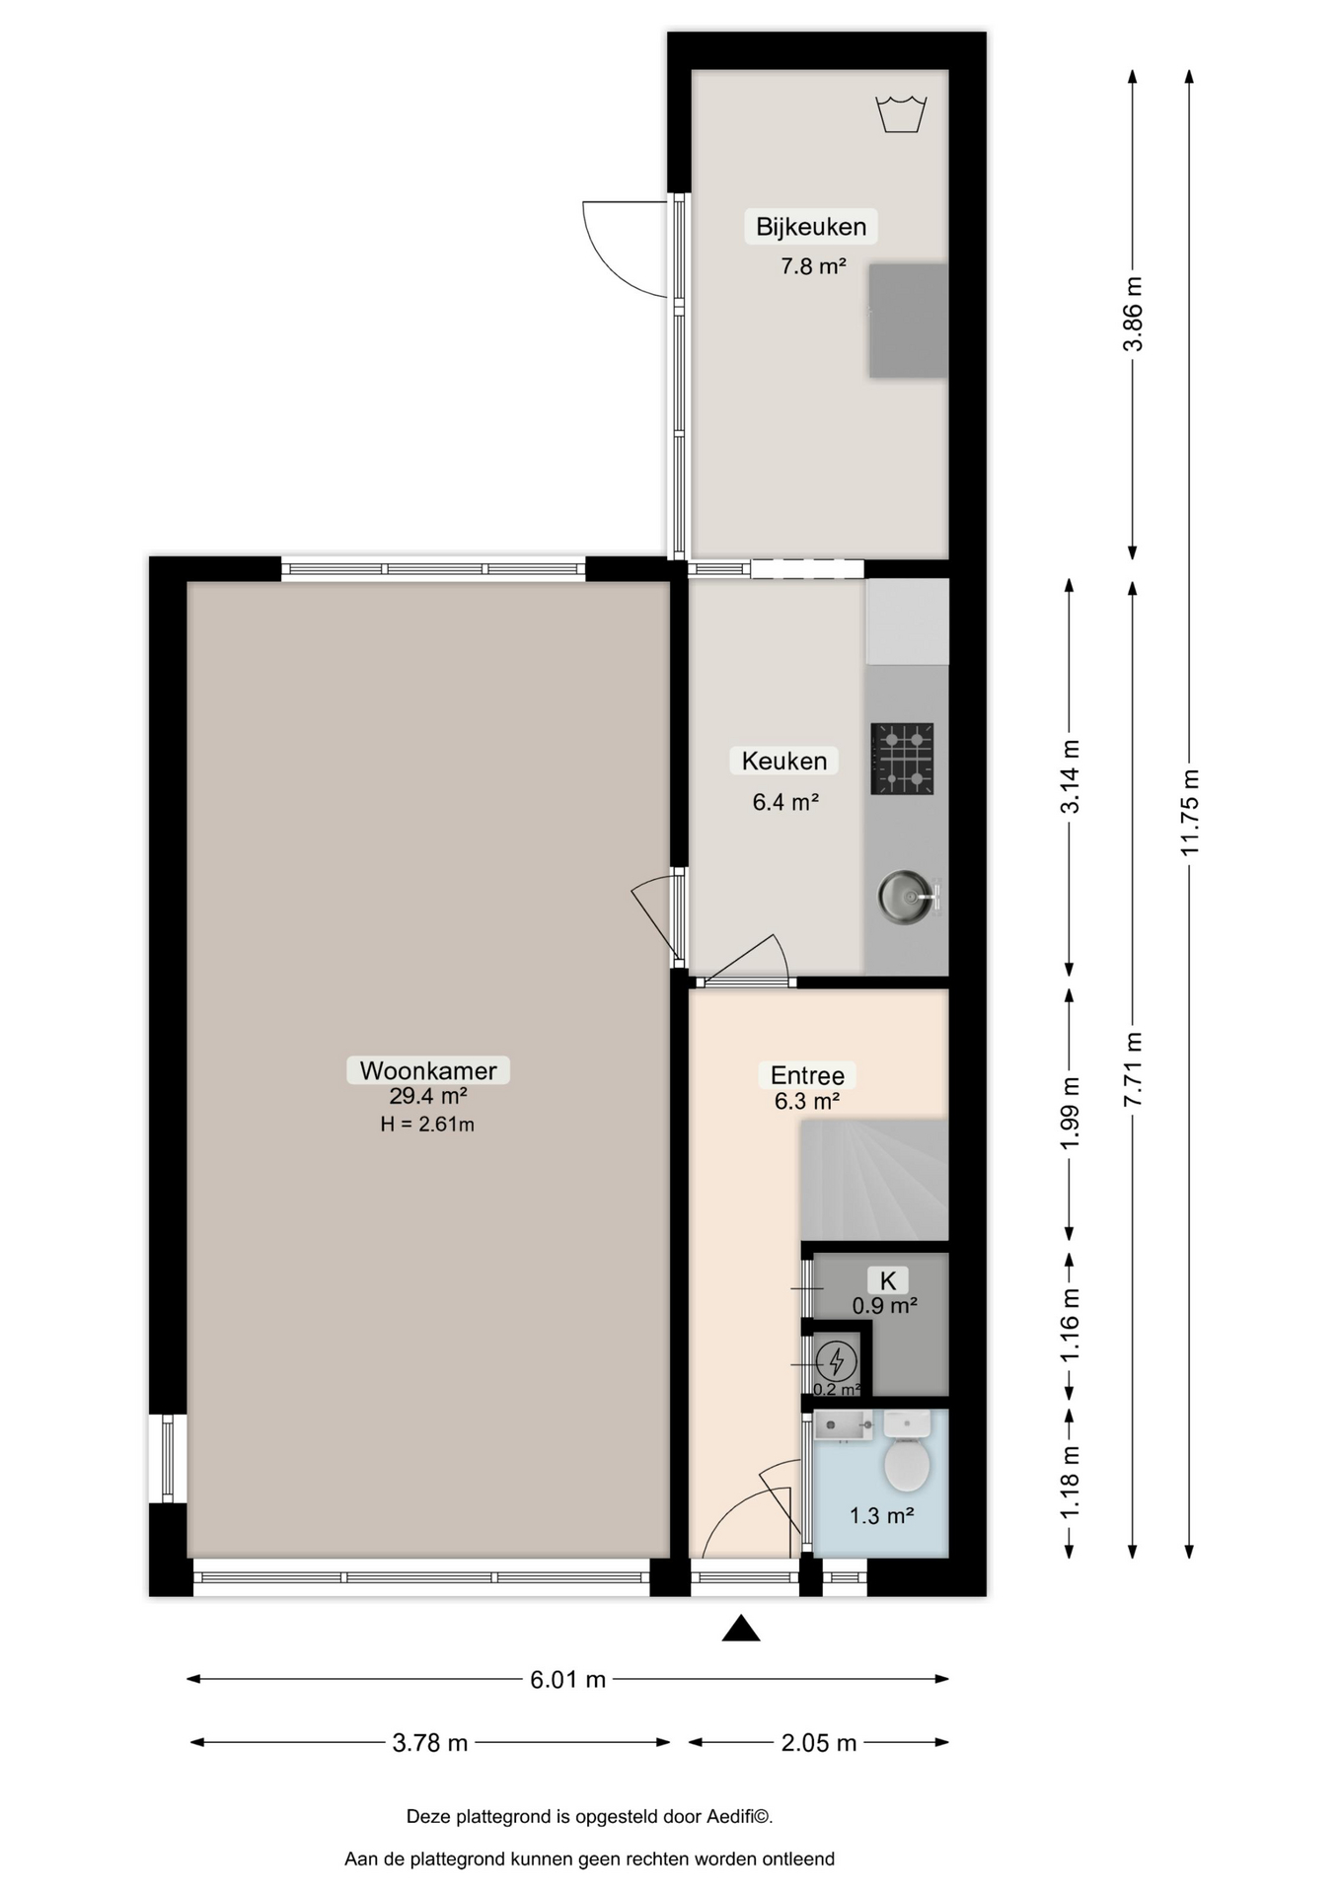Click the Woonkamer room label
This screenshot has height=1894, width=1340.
pos(428,1070)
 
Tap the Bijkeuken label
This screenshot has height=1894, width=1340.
pos(811,226)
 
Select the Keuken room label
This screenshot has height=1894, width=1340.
pos(784,761)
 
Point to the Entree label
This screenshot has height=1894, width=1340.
pos(807,1075)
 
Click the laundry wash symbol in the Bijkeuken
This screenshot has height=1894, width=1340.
pos(901,113)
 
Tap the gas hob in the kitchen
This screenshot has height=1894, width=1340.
pos(902,759)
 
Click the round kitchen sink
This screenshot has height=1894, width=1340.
pos(905,897)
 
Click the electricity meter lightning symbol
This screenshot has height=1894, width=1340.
pos(837,1361)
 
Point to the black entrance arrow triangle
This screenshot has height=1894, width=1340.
pos(741,1629)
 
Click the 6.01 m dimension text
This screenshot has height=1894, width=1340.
pos(567,1680)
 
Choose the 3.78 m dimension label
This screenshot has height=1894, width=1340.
pos(430,1743)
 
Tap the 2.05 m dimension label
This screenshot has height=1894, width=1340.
pos(819,1743)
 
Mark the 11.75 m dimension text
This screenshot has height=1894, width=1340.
pos(1189,812)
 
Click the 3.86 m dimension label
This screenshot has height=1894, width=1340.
pos(1133,314)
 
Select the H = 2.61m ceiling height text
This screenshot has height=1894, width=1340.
pos(427,1124)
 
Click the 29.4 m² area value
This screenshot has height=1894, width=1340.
pos(428,1096)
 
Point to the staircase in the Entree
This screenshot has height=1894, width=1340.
pos(874,1179)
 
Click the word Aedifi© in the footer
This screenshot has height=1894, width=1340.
pos(739,1816)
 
